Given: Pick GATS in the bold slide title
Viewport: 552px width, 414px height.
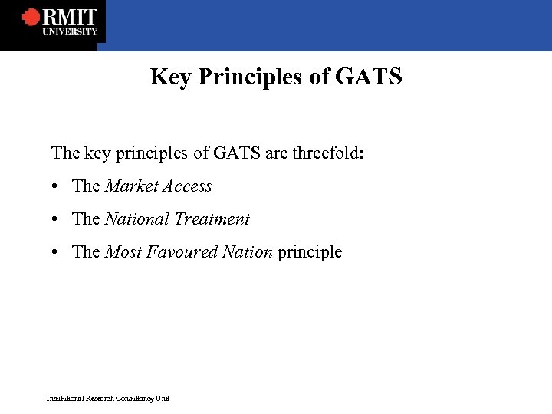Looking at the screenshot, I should (368, 77).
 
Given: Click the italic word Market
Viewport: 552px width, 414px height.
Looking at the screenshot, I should (130, 186).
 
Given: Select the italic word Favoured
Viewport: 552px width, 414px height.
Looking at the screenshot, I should (184, 252).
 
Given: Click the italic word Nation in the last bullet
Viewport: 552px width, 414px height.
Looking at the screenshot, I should (247, 252).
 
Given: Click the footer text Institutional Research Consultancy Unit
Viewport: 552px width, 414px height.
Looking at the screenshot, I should (107, 398).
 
